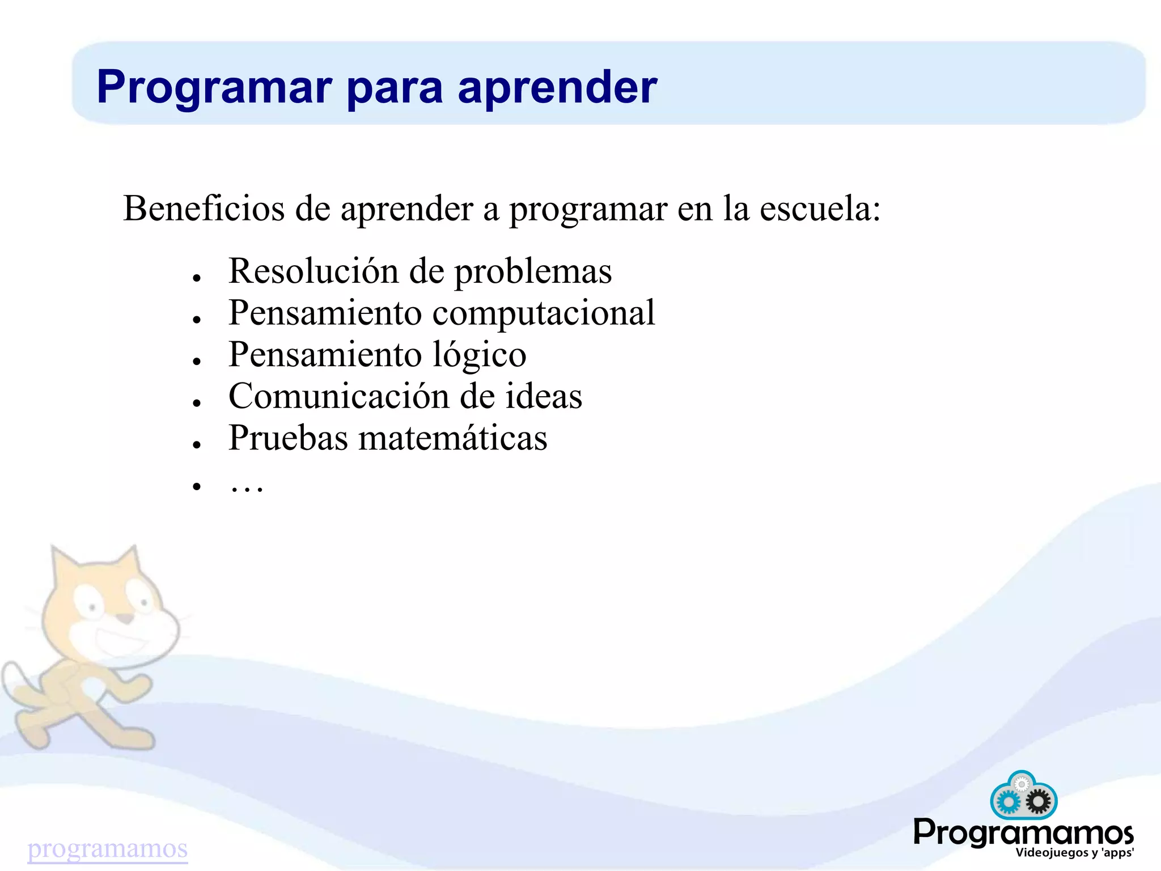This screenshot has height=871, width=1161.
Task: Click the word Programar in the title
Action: (x=214, y=87)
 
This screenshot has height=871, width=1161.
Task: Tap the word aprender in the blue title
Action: (x=557, y=87)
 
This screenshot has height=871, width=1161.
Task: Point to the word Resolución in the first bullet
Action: (x=313, y=270)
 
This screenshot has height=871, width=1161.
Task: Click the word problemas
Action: (x=533, y=271)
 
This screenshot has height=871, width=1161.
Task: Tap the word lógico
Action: (x=479, y=355)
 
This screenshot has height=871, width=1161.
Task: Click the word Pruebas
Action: (x=288, y=437)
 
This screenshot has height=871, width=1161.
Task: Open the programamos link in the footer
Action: (x=107, y=848)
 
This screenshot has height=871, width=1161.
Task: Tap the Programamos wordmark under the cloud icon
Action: (x=1023, y=832)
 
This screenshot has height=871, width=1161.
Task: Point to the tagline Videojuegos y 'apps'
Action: (x=1074, y=853)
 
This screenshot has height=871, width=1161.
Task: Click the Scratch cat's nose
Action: (x=126, y=618)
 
